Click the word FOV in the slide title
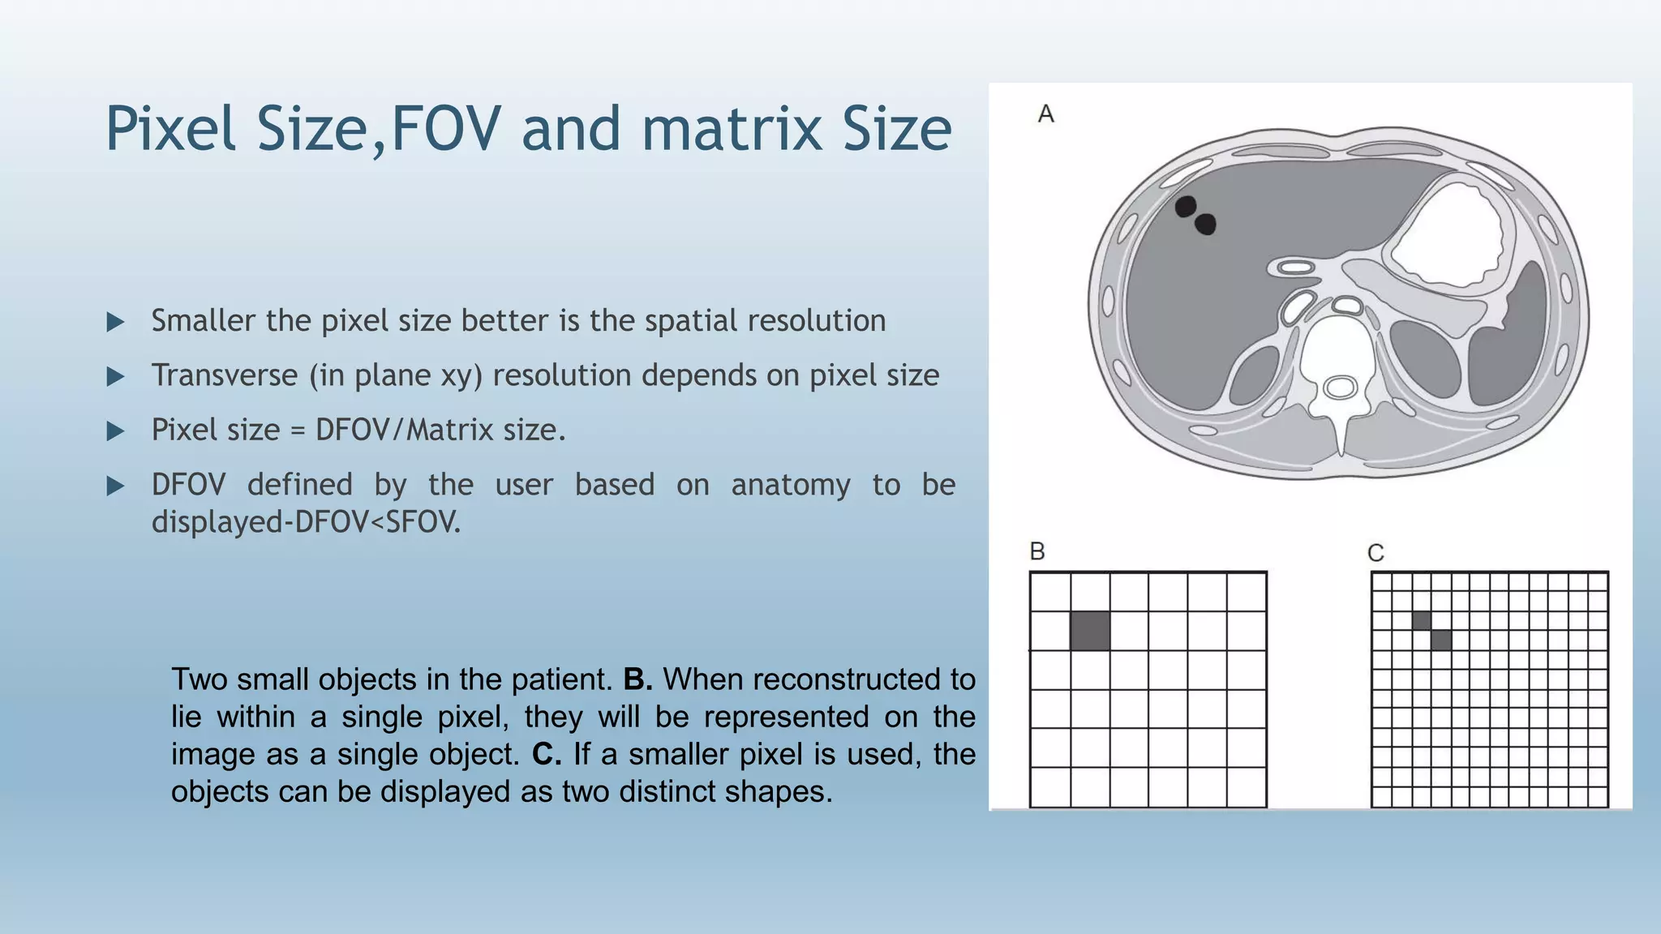coord(445,129)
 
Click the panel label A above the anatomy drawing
coord(1046,114)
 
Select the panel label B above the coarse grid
coord(1037,551)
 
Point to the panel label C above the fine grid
coord(1376,553)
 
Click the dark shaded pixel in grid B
coord(1090,631)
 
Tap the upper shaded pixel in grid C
coord(1422,621)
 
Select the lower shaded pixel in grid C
coord(1441,641)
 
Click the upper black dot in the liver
coord(1186,206)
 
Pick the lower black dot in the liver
coord(1206,224)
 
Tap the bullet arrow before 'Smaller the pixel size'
coord(116,322)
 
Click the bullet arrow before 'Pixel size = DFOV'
coord(116,431)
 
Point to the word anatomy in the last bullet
coord(791,485)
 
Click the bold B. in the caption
coord(637,679)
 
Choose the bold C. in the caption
coord(547,754)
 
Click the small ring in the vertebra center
coord(1340,388)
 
